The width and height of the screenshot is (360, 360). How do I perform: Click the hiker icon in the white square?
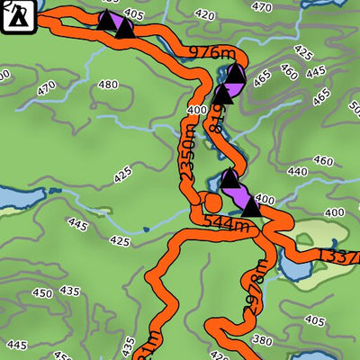[15, 15]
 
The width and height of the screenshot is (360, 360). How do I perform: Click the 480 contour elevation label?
[108, 85]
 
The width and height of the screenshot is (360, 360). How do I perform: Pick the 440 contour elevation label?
[297, 171]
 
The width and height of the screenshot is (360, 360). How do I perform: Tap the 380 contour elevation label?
[262, 340]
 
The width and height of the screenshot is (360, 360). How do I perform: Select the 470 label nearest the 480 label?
[47, 89]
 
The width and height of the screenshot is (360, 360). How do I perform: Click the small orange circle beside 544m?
[211, 200]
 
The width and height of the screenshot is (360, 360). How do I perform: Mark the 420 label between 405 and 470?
[205, 15]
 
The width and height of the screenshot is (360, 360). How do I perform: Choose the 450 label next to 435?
[42, 292]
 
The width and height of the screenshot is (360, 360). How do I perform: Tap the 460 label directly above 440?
[323, 161]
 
